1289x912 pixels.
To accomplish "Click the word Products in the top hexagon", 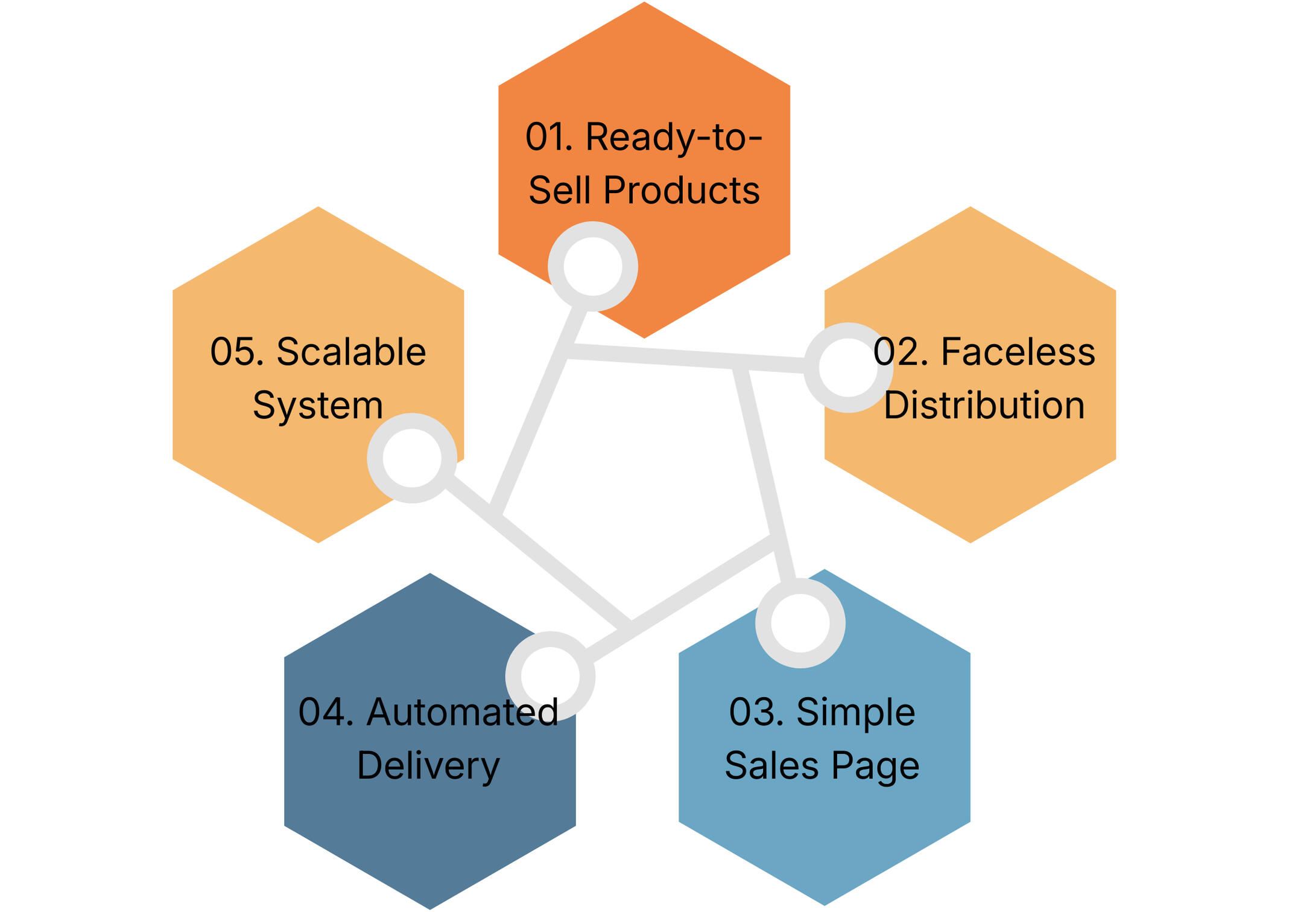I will (x=682, y=191).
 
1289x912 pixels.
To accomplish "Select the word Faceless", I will (x=1018, y=352).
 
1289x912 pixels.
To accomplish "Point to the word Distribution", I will (x=984, y=405).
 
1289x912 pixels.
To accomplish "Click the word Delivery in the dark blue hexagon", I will (x=428, y=767).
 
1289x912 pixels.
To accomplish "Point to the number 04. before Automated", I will (x=326, y=712).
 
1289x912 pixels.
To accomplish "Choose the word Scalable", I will (x=351, y=352).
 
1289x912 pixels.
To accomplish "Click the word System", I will (x=318, y=406).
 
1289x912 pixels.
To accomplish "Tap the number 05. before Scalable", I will (x=237, y=352).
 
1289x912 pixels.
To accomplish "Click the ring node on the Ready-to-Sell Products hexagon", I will (x=592, y=266).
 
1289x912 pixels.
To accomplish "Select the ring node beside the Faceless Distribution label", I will (x=848, y=368).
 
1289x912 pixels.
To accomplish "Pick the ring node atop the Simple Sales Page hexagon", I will (x=800, y=623).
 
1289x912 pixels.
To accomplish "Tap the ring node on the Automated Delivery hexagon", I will (x=550, y=676).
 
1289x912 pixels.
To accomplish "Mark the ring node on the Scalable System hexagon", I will (x=412, y=458).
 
